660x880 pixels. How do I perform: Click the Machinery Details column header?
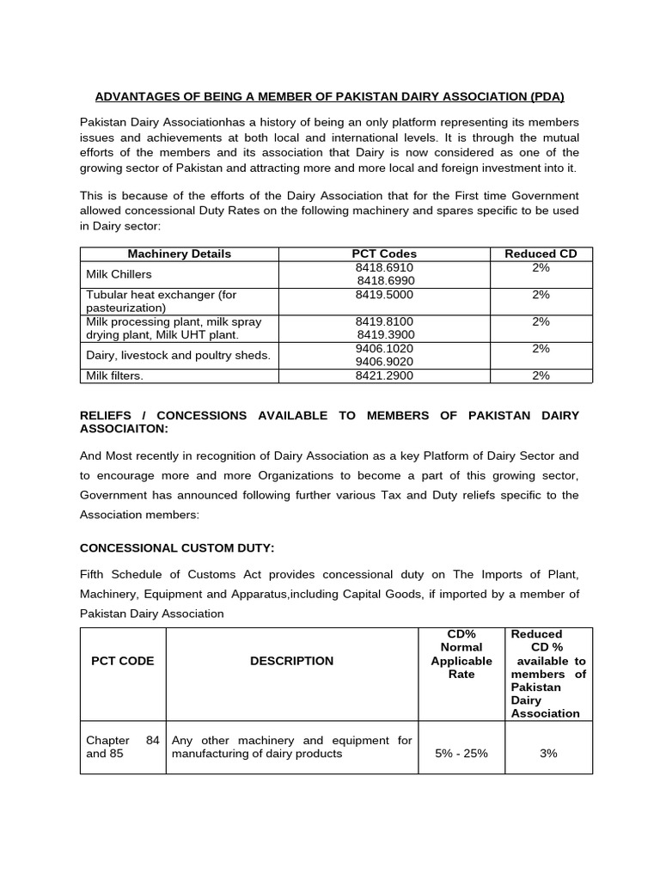[x=179, y=254]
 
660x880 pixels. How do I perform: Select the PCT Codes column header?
[x=384, y=254]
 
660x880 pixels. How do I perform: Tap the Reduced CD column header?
[x=541, y=254]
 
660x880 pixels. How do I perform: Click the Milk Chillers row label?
[x=119, y=274]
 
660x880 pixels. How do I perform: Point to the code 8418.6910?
[x=384, y=267]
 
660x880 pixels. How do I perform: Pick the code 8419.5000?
[x=384, y=295]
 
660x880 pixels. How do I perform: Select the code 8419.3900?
[x=385, y=334]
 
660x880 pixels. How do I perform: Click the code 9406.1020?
[x=384, y=348]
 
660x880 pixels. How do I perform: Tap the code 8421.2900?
[x=384, y=376]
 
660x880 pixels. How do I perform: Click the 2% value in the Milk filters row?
[x=541, y=376]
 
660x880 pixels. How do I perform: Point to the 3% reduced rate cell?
[x=548, y=753]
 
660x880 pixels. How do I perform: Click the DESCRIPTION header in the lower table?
[x=291, y=661]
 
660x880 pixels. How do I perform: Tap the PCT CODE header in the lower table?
[x=123, y=661]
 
